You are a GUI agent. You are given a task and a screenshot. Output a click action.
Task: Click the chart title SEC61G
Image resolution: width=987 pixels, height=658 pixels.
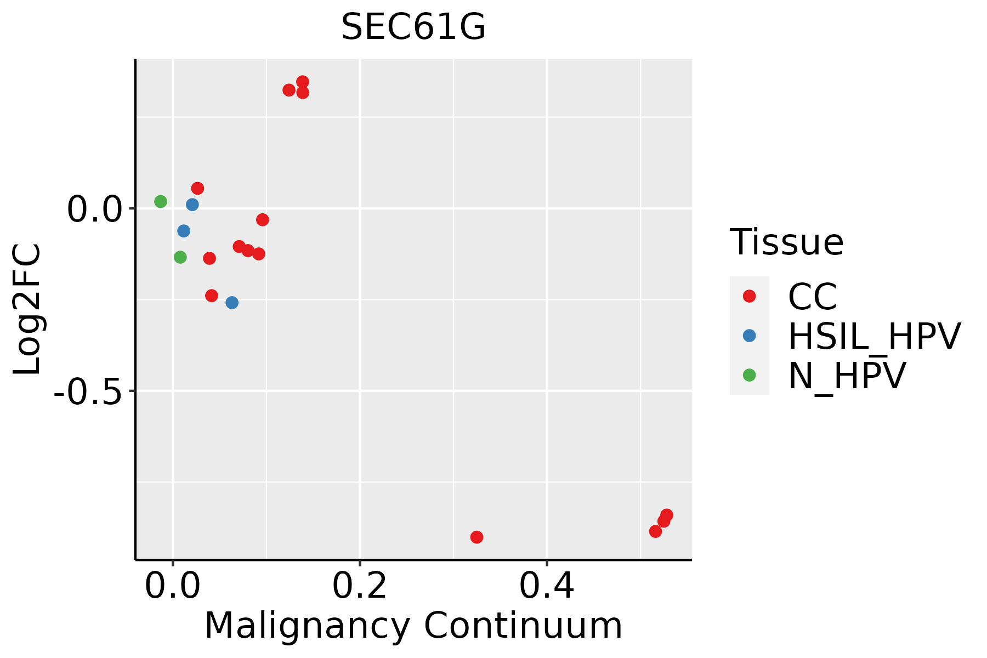click(x=413, y=27)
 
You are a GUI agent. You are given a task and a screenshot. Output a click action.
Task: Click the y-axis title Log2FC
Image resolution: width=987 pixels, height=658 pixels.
click(x=27, y=310)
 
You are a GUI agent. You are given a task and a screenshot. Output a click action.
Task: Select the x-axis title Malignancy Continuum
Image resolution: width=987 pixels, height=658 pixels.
click(x=413, y=626)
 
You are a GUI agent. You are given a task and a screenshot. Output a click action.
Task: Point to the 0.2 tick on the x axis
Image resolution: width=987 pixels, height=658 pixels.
click(x=360, y=586)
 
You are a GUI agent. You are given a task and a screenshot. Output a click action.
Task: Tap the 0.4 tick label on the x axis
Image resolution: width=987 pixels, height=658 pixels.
click(x=547, y=586)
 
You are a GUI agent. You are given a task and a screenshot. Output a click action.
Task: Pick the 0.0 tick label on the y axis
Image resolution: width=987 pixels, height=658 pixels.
click(x=94, y=209)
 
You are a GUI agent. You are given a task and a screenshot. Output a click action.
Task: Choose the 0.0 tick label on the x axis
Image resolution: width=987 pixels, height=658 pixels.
click(x=173, y=586)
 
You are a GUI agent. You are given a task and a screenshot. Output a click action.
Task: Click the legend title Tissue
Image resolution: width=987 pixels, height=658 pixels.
click(x=786, y=242)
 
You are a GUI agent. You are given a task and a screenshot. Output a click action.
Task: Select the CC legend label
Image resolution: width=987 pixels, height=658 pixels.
click(x=813, y=297)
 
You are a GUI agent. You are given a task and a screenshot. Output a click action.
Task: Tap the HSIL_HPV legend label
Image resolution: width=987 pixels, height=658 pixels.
click(x=874, y=336)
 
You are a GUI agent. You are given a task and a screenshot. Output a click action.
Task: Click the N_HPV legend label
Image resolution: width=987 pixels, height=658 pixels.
click(x=847, y=376)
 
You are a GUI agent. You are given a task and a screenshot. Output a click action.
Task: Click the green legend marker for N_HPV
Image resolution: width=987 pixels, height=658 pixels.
click(x=749, y=375)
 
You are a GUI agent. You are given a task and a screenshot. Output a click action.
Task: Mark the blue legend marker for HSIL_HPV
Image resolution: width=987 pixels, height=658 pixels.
click(x=749, y=336)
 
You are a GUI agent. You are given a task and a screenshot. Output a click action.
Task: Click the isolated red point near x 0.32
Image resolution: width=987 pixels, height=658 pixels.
click(x=477, y=537)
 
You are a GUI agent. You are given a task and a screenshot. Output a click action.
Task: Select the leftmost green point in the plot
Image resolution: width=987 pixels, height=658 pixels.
click(x=161, y=202)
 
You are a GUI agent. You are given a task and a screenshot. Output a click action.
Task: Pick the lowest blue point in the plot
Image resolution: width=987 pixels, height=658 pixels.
click(x=232, y=303)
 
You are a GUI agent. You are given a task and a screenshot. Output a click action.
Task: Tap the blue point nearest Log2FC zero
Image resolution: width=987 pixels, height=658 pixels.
click(x=192, y=205)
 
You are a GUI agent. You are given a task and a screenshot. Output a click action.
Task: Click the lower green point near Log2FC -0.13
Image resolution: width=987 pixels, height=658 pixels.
click(x=180, y=257)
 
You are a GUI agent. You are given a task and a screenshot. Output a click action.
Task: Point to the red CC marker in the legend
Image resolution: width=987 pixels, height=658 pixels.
click(x=749, y=296)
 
